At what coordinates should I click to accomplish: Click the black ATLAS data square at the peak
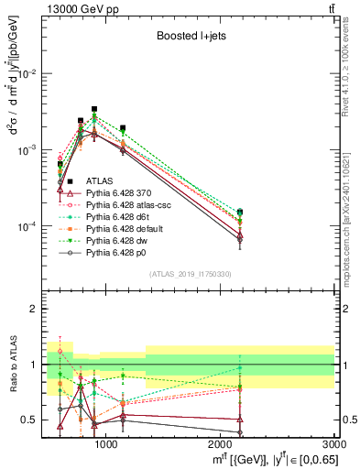(x=94, y=109)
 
